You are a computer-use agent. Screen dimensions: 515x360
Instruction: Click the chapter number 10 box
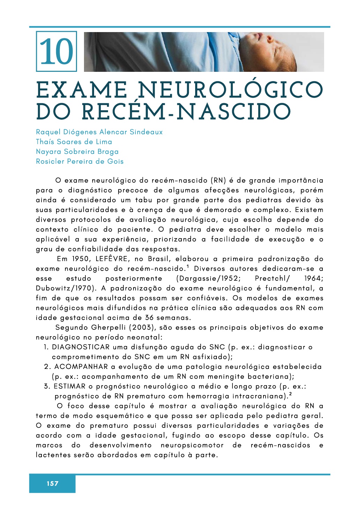point(56,52)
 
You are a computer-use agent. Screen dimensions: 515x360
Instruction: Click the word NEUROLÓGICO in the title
point(230,90)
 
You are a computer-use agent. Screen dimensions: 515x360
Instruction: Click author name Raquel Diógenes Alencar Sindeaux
point(99,132)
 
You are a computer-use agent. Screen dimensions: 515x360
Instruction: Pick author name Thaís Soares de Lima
point(74,142)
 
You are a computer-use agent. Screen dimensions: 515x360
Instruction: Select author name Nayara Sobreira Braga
point(77,152)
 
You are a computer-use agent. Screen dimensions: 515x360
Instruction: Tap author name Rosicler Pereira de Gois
point(80,161)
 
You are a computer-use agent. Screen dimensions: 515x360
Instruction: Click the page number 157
point(52,484)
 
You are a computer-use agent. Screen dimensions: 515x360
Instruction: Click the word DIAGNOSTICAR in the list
point(81,347)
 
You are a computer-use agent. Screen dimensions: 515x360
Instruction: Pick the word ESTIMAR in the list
point(69,386)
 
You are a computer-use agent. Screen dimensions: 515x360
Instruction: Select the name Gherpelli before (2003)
point(108,328)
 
